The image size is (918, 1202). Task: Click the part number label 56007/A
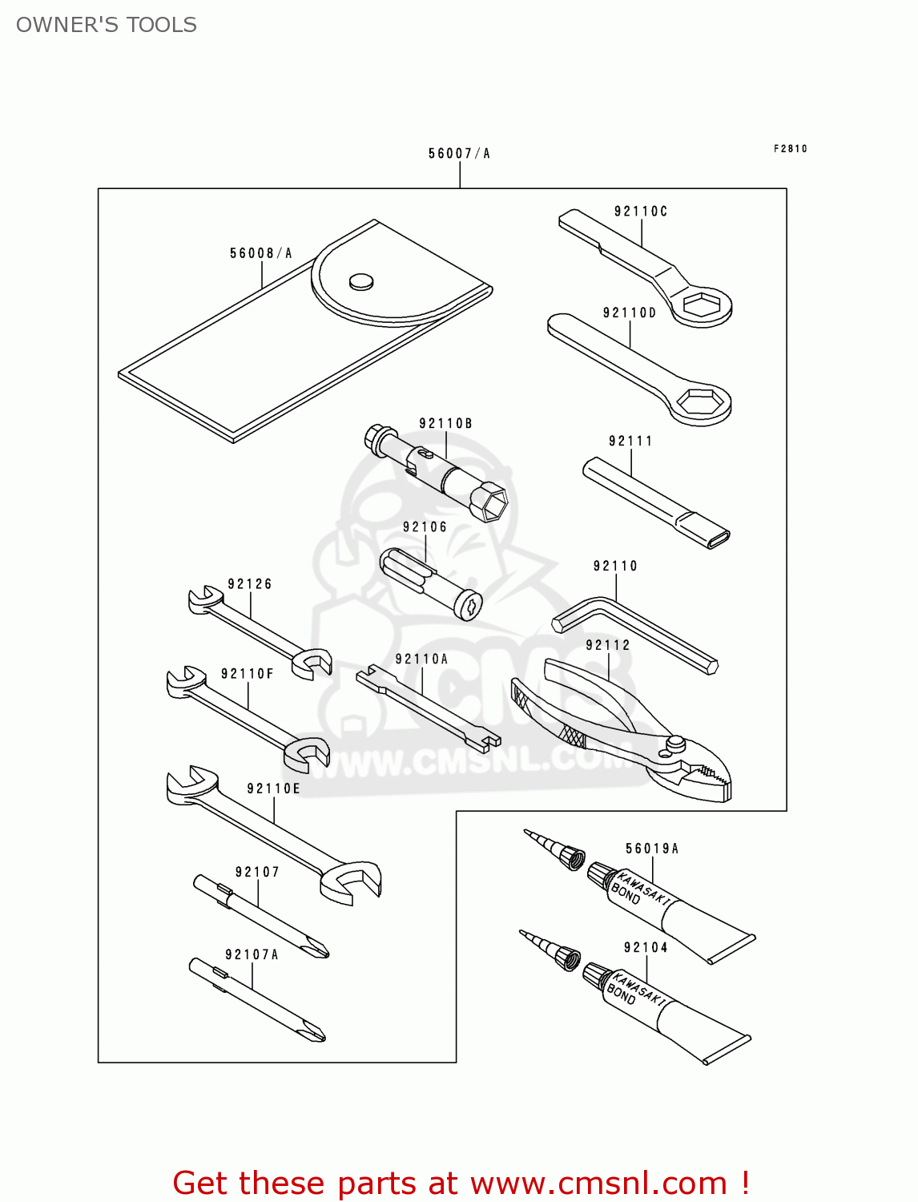click(459, 153)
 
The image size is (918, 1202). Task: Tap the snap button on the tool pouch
click(361, 280)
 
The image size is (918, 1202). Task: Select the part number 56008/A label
click(261, 253)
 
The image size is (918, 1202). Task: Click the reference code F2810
click(790, 148)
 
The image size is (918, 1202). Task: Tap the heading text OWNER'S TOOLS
click(107, 25)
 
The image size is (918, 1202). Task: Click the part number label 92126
click(250, 584)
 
